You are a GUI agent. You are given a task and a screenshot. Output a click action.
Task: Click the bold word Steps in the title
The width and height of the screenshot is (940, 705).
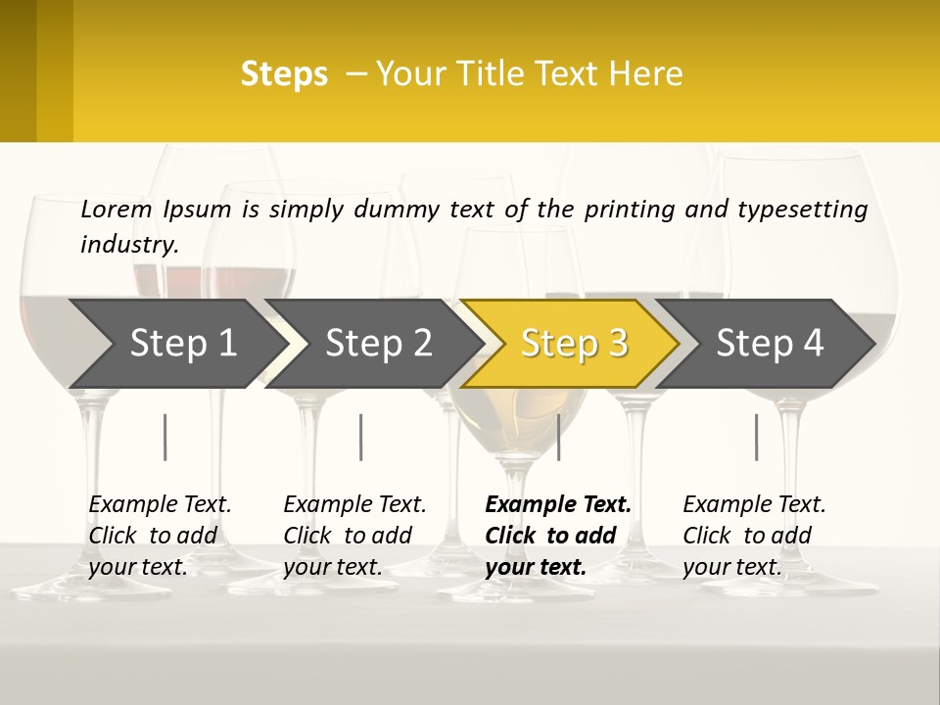(x=284, y=74)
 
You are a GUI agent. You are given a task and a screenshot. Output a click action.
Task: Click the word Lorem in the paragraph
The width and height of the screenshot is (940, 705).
(x=117, y=209)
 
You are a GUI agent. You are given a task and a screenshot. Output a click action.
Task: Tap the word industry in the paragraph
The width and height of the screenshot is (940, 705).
(x=128, y=244)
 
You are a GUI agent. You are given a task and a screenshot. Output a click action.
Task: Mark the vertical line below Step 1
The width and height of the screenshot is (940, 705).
(x=165, y=437)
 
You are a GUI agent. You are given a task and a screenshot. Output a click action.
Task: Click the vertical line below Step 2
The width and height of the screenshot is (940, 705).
(x=361, y=437)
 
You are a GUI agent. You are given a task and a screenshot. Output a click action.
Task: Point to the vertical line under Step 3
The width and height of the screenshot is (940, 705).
(x=559, y=437)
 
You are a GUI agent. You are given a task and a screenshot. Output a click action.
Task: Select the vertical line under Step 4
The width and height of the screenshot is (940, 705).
(x=756, y=437)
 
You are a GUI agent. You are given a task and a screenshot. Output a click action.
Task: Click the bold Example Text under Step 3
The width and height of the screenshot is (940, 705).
(x=558, y=505)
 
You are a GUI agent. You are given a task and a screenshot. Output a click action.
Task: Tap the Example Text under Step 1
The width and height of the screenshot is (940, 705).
(x=160, y=505)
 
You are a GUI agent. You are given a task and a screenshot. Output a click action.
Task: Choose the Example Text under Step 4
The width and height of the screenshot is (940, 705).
(x=754, y=505)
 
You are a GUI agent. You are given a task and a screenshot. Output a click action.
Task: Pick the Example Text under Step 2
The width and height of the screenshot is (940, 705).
(x=354, y=505)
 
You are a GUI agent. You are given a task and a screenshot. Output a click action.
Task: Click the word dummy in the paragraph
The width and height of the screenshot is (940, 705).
(x=396, y=210)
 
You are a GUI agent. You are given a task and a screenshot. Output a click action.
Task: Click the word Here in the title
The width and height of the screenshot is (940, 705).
(x=649, y=74)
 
